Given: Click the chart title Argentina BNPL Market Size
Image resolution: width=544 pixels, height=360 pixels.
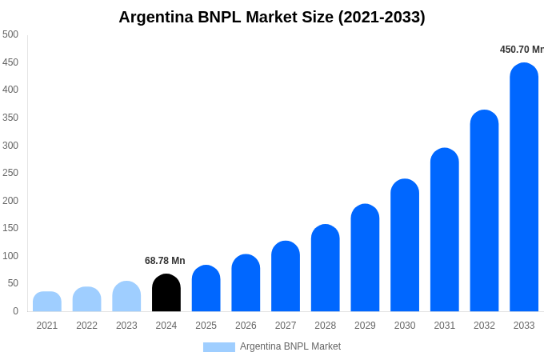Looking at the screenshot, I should pos(272,17).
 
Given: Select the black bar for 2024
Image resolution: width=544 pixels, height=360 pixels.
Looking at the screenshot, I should pos(166,293).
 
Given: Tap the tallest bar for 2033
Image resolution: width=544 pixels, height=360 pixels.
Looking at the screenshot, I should pos(524,187).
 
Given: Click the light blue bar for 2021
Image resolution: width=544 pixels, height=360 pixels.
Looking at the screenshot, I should pos(47,302).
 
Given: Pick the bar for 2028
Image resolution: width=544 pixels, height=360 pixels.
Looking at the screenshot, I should pos(326,268).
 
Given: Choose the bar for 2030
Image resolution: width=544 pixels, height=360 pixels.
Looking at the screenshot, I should pos(405,245).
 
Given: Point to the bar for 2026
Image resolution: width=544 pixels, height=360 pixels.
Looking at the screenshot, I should pos(246,283).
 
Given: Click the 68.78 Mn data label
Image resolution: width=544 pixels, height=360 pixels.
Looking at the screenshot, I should pos(165,261).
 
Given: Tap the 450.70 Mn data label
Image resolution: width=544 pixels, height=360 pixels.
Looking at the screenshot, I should pos(522,50).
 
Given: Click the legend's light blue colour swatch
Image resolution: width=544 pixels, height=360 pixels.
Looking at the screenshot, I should pos(218,347).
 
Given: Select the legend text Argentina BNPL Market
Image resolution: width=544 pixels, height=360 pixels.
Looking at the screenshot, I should pos(290,346).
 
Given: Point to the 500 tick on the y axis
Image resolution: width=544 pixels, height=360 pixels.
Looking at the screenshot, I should pos(10,34).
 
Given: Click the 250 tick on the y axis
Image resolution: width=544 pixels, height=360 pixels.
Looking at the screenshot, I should pos(10,173).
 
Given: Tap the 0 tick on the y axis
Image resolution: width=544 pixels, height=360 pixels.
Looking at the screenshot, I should pos(15,311).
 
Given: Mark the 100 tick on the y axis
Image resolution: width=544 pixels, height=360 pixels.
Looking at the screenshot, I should pos(10,256).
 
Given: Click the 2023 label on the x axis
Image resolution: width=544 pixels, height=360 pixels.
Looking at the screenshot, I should pos(126,326).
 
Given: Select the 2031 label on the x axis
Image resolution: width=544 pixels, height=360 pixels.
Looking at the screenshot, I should pos(445,326).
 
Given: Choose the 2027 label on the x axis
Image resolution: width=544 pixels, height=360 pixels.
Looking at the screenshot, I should pos(286,326).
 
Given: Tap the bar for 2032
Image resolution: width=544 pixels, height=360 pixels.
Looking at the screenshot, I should pos(484,210).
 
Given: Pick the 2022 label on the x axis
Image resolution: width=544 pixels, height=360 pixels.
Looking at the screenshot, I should pos(86,326).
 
